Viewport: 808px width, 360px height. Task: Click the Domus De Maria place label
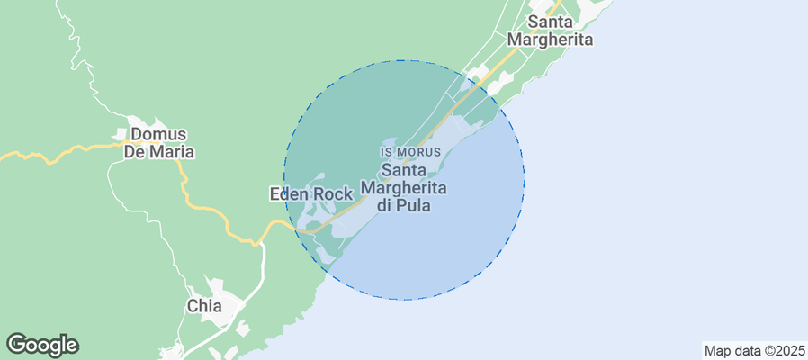coord(162,143)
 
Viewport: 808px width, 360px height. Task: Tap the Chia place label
coord(203,305)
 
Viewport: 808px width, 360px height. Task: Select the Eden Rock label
coord(310,193)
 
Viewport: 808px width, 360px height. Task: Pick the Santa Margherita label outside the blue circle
coord(550,31)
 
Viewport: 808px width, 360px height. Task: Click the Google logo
coord(42,344)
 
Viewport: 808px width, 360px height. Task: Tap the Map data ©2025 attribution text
coord(754,350)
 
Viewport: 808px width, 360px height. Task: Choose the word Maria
coord(174,152)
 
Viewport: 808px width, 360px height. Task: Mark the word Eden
coord(289,193)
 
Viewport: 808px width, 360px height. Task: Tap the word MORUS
coord(420,153)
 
